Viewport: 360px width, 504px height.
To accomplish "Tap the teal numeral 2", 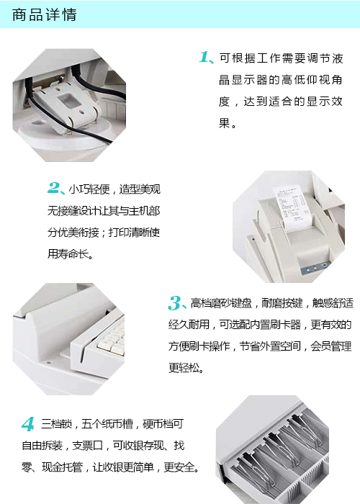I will pyautogui.click(x=55, y=189).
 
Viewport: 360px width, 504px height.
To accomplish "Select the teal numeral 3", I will pyautogui.click(x=175, y=302).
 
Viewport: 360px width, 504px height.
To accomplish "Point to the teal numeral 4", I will pyautogui.click(x=28, y=423).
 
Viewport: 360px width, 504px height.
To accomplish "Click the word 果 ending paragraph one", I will pyautogui.click(x=224, y=123).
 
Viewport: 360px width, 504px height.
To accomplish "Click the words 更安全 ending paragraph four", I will pyautogui.click(x=180, y=467).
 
